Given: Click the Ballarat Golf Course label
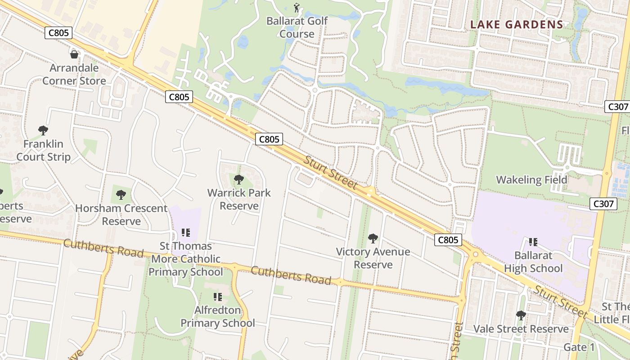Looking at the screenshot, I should tap(297, 27).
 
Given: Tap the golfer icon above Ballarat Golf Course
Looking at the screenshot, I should tap(297, 8).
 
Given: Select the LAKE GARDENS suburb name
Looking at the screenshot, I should tap(517, 25).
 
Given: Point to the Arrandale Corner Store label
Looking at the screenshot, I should tap(74, 75).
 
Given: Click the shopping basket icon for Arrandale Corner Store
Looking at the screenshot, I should tap(74, 54).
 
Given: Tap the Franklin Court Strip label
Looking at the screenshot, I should tap(43, 150).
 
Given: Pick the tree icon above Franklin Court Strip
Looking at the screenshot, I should tap(43, 130).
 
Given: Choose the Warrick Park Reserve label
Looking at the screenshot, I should tap(239, 199).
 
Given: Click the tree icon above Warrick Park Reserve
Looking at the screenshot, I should tap(239, 180).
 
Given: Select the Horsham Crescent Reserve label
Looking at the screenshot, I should tap(121, 215).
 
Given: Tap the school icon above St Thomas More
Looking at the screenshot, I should tap(186, 233).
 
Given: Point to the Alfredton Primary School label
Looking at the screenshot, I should tap(218, 316).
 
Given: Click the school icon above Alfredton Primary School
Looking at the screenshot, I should tap(218, 297).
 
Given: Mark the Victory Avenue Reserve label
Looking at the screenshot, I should tap(373, 258).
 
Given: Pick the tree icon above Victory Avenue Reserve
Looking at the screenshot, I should tap(373, 238).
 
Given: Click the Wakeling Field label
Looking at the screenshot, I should tap(531, 180).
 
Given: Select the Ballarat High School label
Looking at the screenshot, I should tap(533, 262).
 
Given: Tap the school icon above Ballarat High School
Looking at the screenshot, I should tap(533, 242).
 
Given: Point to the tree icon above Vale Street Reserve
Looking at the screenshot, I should tap(521, 315).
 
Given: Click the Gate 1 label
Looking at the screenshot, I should tap(579, 347).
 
